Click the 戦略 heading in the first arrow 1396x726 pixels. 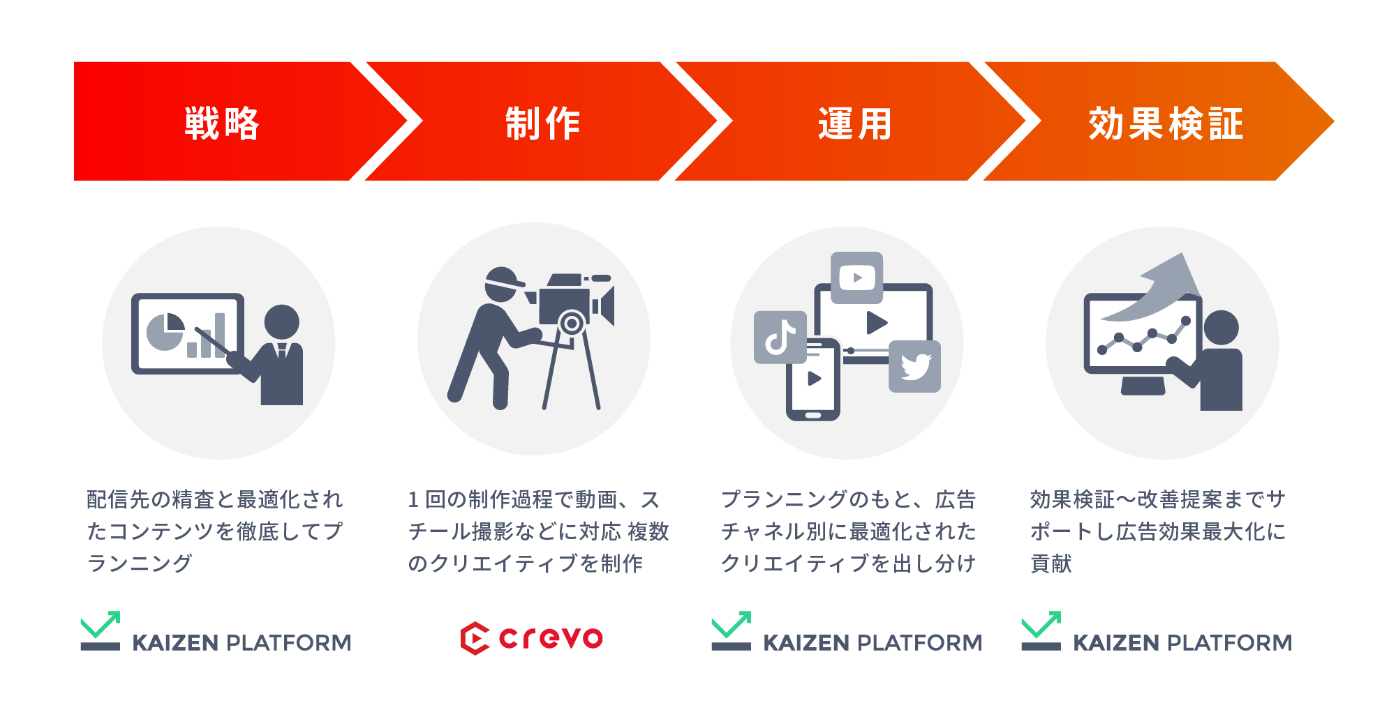tap(222, 123)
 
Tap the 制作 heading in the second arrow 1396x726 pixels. tap(542, 123)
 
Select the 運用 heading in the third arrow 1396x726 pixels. tap(855, 123)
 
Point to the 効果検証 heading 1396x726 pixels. tap(1166, 123)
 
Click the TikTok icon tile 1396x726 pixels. tap(780, 338)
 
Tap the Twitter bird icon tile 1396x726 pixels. tap(914, 366)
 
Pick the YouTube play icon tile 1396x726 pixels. tap(857, 278)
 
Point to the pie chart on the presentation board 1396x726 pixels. tap(165, 332)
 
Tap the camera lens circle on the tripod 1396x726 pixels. tap(572, 324)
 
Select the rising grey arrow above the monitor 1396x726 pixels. tap(1159, 286)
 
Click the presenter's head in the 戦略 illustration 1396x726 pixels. tap(282, 322)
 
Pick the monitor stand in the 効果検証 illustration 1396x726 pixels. tap(1143, 385)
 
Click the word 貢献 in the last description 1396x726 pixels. tap(1051, 564)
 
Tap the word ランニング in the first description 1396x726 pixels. tap(140, 564)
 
